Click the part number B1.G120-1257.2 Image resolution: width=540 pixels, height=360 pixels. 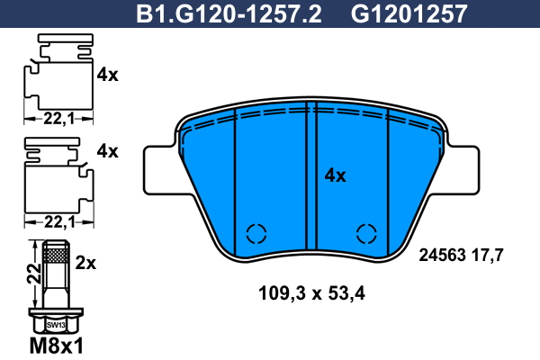(229, 13)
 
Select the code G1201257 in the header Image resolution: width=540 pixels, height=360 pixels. (409, 13)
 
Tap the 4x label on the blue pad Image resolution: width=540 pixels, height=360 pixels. (335, 175)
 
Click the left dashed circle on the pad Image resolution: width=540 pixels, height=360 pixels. (256, 233)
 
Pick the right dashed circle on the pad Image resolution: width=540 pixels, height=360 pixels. (366, 233)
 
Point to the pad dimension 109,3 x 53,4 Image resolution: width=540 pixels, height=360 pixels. (311, 293)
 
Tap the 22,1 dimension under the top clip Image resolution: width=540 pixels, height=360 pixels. (58, 119)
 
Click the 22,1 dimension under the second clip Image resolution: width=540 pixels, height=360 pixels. (59, 222)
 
